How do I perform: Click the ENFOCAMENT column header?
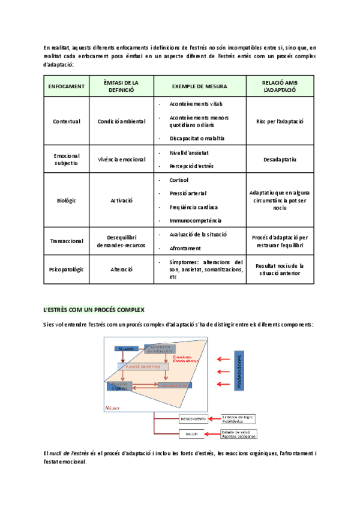67,86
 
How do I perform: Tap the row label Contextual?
67,121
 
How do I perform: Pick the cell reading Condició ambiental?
121,121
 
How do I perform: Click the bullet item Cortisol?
179,180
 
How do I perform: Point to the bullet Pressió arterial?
188,193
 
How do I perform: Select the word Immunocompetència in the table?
195,220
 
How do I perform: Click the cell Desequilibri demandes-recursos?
121,241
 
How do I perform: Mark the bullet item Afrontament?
185,248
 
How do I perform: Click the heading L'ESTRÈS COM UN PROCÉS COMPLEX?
94,309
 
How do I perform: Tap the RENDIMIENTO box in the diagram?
193,418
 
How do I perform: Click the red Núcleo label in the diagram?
112,408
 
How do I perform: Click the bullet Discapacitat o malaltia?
197,138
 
